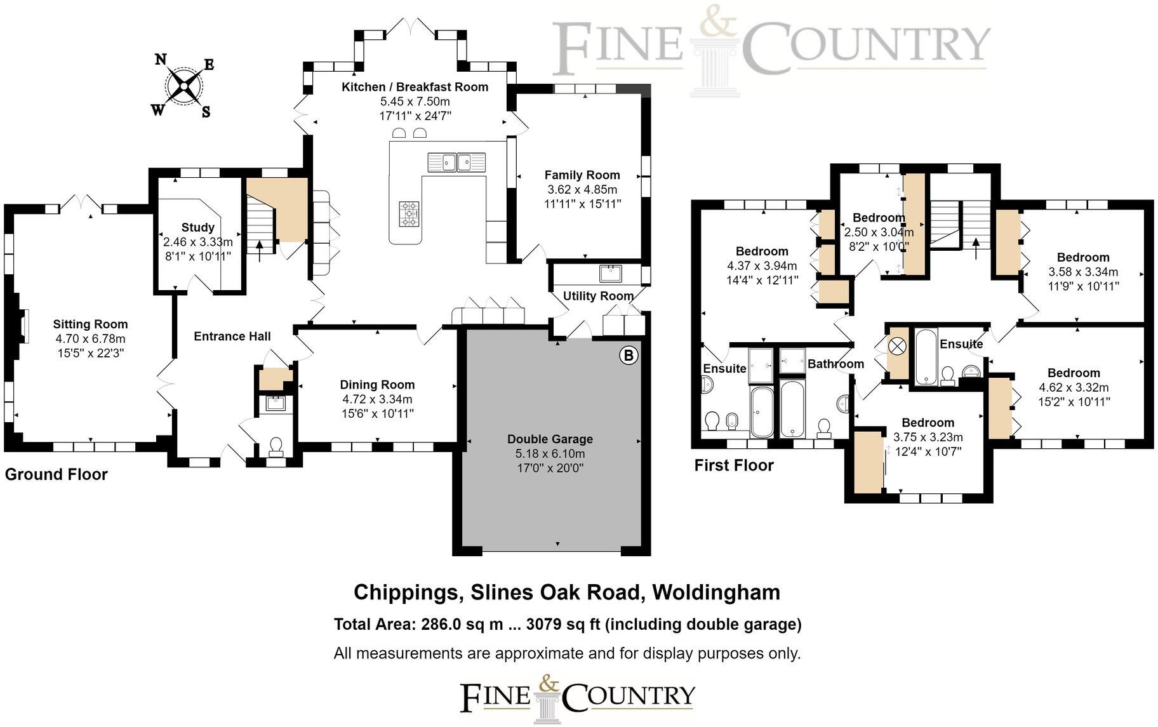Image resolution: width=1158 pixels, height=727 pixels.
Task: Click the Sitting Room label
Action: point(90,324)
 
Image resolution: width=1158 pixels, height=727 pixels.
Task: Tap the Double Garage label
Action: point(550,439)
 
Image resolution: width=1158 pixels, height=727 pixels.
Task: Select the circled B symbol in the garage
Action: point(628,355)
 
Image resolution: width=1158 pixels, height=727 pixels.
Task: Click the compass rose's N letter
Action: point(161,60)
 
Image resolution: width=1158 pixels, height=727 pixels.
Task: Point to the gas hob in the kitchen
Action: point(409,213)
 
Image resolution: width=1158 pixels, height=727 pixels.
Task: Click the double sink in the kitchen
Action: point(456,162)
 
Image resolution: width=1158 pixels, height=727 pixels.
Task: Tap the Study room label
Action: point(197,227)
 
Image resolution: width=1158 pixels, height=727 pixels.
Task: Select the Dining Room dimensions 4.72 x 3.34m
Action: point(377,399)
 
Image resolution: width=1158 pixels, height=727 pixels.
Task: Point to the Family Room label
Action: point(582,175)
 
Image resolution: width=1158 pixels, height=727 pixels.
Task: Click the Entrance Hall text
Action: point(232,337)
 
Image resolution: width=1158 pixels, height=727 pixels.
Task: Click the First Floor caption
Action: point(733,465)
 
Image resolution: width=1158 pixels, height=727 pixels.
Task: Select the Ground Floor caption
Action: point(56,474)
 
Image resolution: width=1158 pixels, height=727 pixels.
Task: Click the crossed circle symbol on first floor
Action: point(897,347)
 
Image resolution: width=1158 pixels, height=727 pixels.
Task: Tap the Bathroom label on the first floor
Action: point(835,364)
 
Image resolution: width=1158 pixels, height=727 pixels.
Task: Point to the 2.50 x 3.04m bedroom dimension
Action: point(879,232)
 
